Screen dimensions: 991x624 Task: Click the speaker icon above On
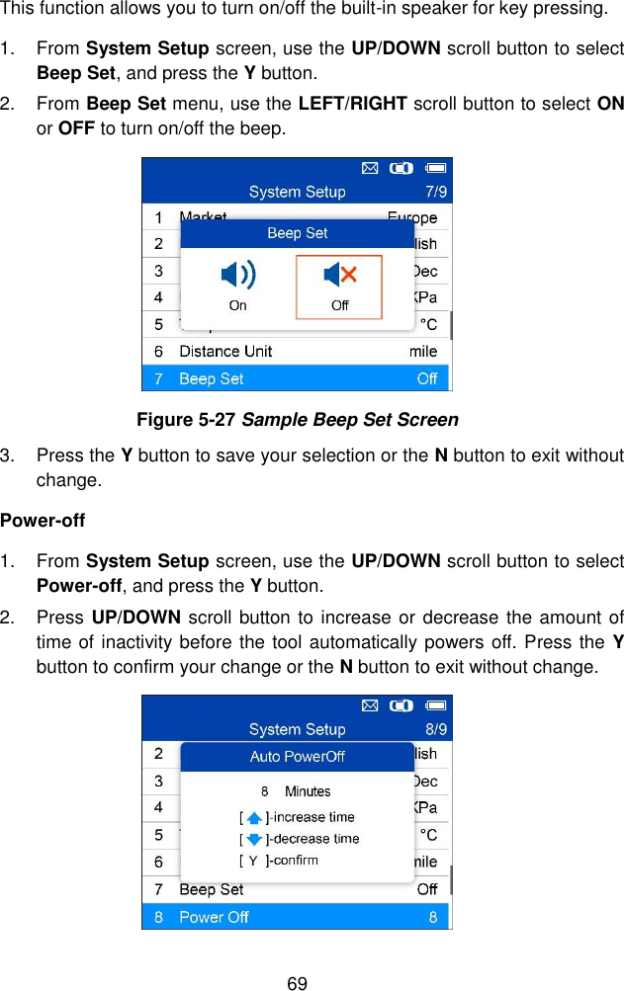[x=237, y=275]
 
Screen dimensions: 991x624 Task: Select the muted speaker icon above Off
[x=339, y=275]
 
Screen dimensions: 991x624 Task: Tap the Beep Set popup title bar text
[x=297, y=233]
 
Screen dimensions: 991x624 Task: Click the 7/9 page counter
[x=434, y=191]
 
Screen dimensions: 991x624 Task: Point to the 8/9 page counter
[x=434, y=729]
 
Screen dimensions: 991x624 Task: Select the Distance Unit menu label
[x=224, y=351]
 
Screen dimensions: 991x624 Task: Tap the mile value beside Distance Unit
[x=423, y=351]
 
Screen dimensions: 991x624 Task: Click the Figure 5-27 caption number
[x=186, y=420]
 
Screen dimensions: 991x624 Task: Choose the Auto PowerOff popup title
[x=297, y=757]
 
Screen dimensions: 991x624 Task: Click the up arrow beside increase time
[x=254, y=818]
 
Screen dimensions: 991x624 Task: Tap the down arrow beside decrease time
[x=254, y=840]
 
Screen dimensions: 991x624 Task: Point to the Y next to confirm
[x=253, y=861]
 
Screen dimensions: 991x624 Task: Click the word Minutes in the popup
[x=308, y=791]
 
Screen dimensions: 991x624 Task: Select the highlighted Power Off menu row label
[x=214, y=917]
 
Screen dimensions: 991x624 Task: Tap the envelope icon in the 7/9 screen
[x=369, y=168]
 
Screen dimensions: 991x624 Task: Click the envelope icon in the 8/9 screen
[x=369, y=705]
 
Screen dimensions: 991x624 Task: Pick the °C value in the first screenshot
[x=428, y=324]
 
